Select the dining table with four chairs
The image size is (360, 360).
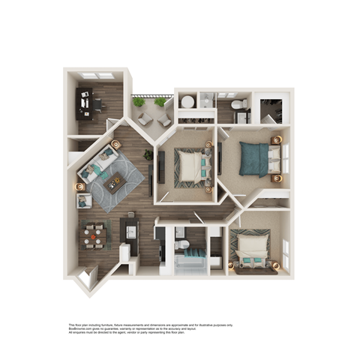pos(93,236)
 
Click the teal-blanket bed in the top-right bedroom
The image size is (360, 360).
pos(259,158)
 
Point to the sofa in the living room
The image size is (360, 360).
pos(97,165)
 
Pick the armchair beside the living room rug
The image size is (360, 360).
pos(84,201)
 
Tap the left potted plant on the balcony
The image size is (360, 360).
pos(139,102)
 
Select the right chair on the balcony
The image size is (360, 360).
pos(165,118)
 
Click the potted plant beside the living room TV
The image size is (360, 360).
pos(148,154)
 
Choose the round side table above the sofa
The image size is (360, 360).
pos(115,142)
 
